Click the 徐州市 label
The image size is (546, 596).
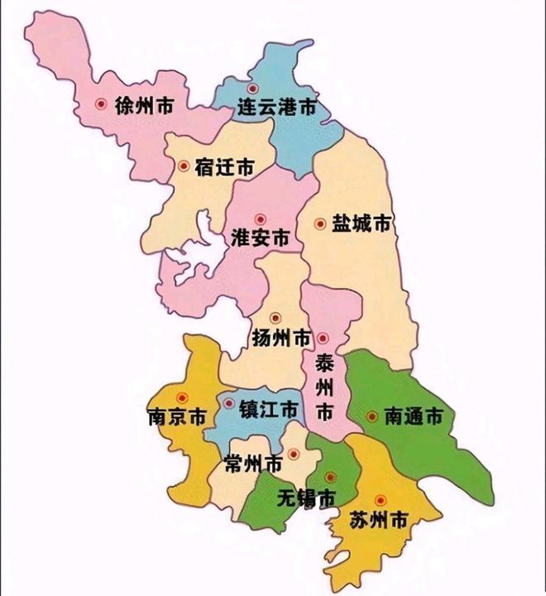pyautogui.click(x=145, y=105)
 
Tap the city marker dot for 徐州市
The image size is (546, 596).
pyautogui.click(x=101, y=104)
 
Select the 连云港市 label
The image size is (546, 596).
pyautogui.click(x=276, y=108)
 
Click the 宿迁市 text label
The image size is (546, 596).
pyautogui.click(x=224, y=166)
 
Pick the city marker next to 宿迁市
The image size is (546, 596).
pyautogui.click(x=184, y=166)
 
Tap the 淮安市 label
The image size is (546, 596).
pyautogui.click(x=260, y=238)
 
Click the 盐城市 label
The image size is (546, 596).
pyautogui.click(x=361, y=223)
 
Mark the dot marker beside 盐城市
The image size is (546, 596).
pyautogui.click(x=320, y=223)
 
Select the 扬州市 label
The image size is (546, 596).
pyautogui.click(x=280, y=339)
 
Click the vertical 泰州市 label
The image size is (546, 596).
pyautogui.click(x=324, y=387)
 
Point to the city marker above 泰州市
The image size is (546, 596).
pyautogui.click(x=323, y=339)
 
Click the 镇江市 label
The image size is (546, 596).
pyautogui.click(x=269, y=410)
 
